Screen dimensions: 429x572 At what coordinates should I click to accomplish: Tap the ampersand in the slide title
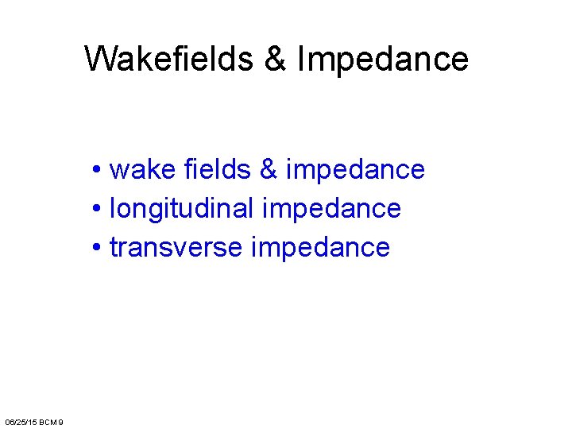coord(276,59)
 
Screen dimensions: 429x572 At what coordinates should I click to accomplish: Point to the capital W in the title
coord(99,59)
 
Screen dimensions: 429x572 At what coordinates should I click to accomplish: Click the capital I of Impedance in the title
coord(300,59)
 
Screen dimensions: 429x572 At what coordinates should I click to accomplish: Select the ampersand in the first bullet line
coord(269,169)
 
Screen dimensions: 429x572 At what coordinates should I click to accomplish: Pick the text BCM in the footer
coord(48,421)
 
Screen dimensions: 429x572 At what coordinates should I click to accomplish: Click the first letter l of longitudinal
coord(112,208)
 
